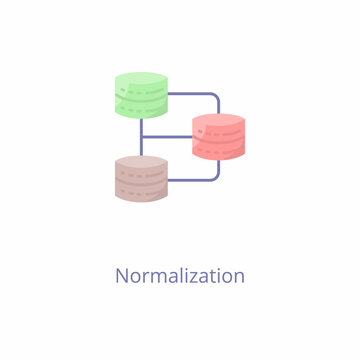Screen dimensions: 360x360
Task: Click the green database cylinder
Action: click(141, 98)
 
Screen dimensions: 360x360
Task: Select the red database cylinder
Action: click(218, 138)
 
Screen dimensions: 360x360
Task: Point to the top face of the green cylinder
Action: click(141, 80)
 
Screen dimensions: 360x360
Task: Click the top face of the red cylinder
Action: click(218, 120)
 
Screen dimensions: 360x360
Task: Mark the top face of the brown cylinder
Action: click(141, 162)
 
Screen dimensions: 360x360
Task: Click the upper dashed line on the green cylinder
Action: click(141, 92)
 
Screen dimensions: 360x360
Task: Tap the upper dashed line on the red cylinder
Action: click(218, 132)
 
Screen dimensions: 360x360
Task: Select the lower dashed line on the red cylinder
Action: click(218, 147)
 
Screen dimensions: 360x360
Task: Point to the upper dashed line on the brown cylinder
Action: click(141, 174)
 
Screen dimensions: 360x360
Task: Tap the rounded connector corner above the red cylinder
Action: click(215, 97)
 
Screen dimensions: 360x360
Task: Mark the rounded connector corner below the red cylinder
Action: click(215, 177)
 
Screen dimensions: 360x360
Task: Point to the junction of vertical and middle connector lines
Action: click(141, 137)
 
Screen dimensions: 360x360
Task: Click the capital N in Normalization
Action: click(122, 275)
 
